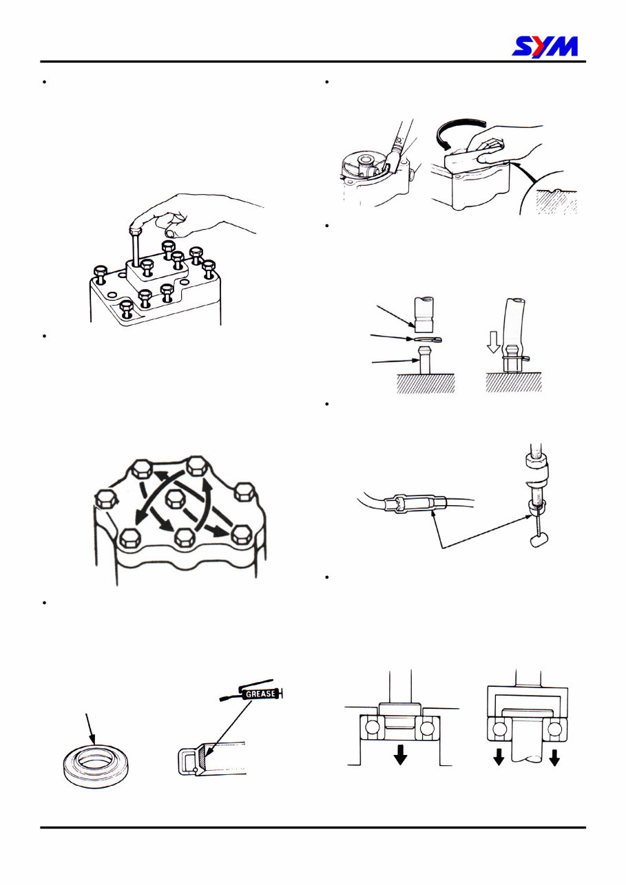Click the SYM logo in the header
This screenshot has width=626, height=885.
tap(545, 46)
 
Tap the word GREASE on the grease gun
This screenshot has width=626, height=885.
tap(259, 694)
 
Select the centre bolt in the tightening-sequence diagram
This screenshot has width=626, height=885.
tap(177, 499)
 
